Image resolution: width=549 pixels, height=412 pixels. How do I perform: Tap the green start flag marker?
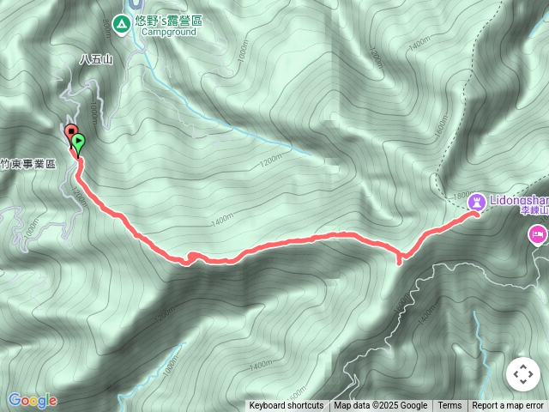pyautogui.click(x=79, y=141)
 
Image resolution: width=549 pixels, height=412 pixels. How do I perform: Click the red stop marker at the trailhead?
pyautogui.click(x=70, y=130)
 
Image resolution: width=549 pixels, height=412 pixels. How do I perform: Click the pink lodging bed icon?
pyautogui.click(x=538, y=233)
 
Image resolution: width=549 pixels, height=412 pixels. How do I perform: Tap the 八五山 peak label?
pyautogui.click(x=95, y=59)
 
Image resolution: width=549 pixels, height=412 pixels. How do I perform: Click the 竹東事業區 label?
pyautogui.click(x=27, y=163)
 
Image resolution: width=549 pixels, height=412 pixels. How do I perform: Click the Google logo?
pyautogui.click(x=32, y=400)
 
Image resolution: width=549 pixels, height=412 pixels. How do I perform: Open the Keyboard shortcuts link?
pyautogui.click(x=287, y=406)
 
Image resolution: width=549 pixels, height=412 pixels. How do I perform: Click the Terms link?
pyautogui.click(x=449, y=406)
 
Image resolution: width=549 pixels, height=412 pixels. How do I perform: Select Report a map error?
pyautogui.click(x=508, y=406)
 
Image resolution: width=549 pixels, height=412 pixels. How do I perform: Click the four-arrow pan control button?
pyautogui.click(x=522, y=375)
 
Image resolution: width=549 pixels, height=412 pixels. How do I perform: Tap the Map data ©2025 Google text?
pyautogui.click(x=381, y=406)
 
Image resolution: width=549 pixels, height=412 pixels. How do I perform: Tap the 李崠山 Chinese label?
pyautogui.click(x=534, y=209)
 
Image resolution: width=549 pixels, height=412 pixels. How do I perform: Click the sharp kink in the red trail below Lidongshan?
pyautogui.click(x=400, y=260)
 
